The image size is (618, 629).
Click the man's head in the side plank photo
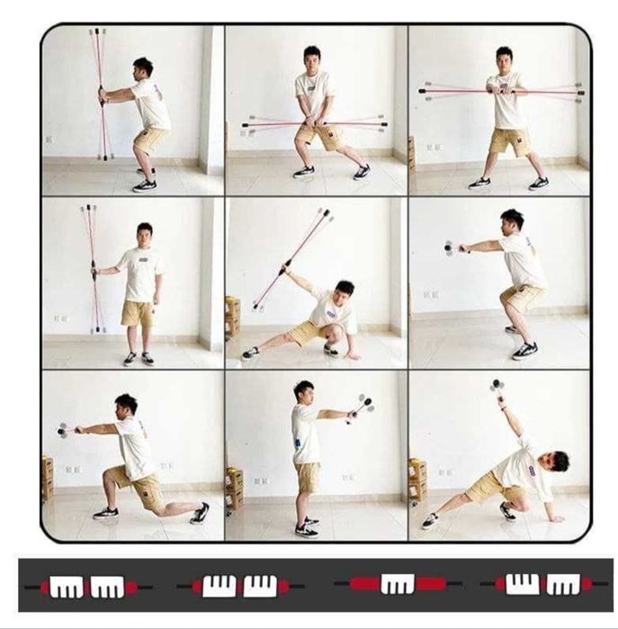pyautogui.click(x=560, y=461)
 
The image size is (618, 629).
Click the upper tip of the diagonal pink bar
pyautogui.click(x=327, y=214)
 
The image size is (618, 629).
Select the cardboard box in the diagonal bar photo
pyautogui.click(x=233, y=313)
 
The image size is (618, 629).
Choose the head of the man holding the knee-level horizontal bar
pyautogui.click(x=312, y=55)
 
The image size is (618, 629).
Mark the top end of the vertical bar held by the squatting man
pyautogui.click(x=97, y=32)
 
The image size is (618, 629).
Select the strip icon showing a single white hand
pyautogui.click(x=397, y=585)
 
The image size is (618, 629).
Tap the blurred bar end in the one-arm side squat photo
pyautogui.click(x=449, y=248)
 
